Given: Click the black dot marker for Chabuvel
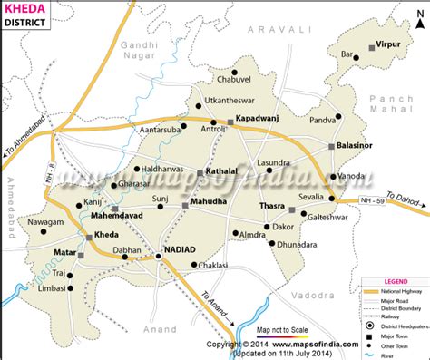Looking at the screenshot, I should tap(234, 72).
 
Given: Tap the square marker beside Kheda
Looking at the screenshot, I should tap(89, 236).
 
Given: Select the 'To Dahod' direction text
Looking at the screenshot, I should tap(401, 200).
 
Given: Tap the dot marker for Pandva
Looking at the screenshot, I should tap(338, 117).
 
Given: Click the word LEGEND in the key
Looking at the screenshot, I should tap(395, 282).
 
